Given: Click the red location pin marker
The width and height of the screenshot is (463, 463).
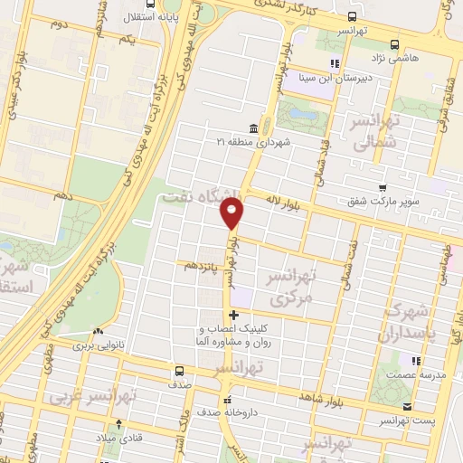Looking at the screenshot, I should [x=232, y=213].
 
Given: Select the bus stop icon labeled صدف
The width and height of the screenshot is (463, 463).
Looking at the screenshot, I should [x=180, y=371].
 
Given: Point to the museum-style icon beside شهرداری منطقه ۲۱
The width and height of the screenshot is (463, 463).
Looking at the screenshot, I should [x=252, y=128].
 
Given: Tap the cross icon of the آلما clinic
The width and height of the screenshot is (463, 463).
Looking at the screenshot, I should [x=234, y=315].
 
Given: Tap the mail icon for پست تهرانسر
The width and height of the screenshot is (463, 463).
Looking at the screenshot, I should [x=406, y=406].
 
